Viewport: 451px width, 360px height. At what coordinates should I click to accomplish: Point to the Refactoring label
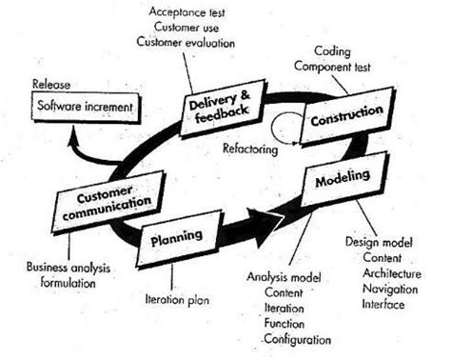(251, 149)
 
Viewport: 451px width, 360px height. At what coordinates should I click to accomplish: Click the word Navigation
(392, 289)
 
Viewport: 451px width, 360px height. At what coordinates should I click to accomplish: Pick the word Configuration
(298, 339)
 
